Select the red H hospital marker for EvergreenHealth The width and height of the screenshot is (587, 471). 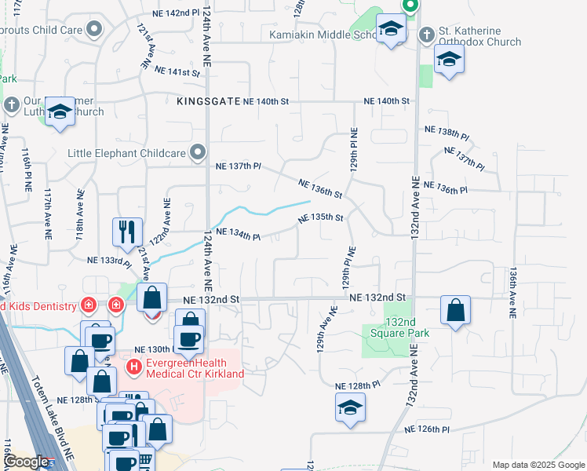[134, 366]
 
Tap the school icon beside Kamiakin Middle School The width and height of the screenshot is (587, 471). [390, 30]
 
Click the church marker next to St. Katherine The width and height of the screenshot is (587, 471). [427, 35]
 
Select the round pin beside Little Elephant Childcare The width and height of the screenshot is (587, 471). [199, 152]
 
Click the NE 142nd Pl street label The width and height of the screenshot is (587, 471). [167, 13]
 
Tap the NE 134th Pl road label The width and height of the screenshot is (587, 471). [238, 233]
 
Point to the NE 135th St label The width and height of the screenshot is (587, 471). [321, 217]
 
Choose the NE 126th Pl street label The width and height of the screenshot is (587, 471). [427, 429]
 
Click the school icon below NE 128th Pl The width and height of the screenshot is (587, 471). [349, 407]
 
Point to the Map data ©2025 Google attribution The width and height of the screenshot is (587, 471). [538, 465]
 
